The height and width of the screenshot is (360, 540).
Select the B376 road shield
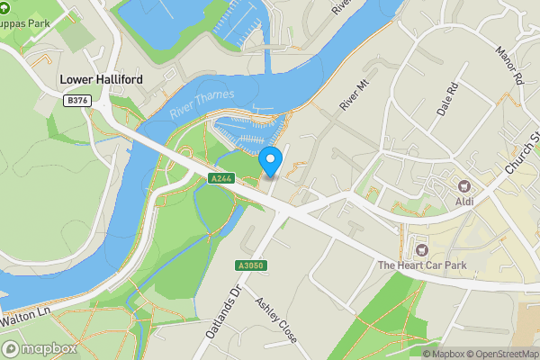[78, 102]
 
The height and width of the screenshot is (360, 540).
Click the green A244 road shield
[221, 179]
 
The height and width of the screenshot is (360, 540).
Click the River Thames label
[202, 102]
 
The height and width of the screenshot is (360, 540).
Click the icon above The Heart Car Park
[421, 247]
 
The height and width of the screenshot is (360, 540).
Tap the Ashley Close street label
[276, 321]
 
